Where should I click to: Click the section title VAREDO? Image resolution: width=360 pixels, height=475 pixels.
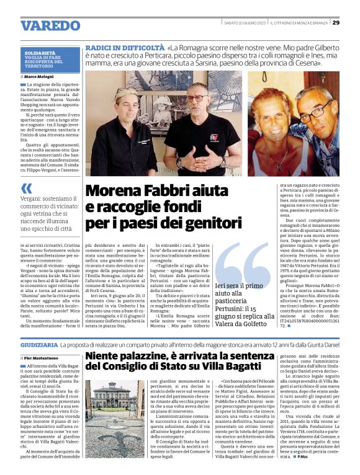click(x=50, y=25)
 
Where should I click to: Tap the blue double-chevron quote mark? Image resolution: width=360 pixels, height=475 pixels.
click(x=26, y=188)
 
